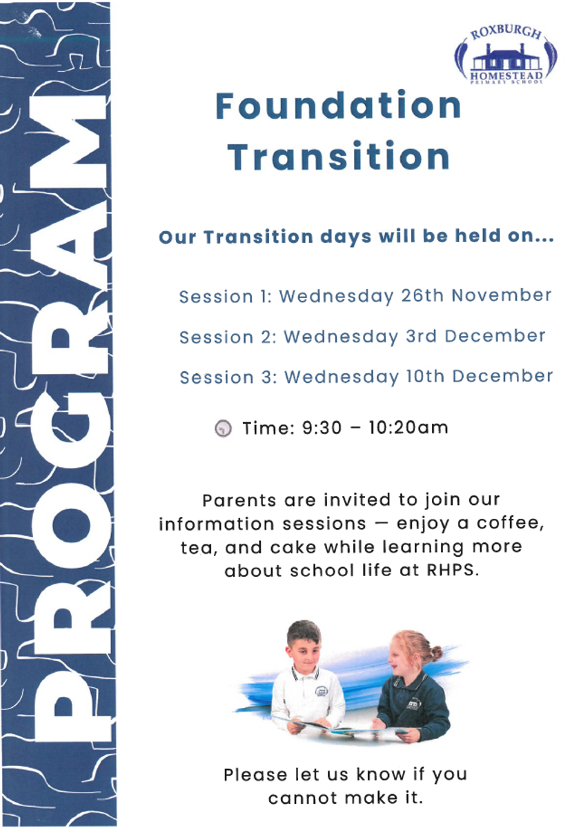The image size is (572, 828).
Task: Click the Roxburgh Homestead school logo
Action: pyautogui.click(x=506, y=56)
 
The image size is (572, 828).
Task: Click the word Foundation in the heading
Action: pyautogui.click(x=338, y=106)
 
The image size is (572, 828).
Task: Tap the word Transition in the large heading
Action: pyautogui.click(x=338, y=157)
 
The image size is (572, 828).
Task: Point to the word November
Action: pyautogui.click(x=502, y=296)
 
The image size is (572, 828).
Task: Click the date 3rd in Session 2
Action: pyautogui.click(x=421, y=337)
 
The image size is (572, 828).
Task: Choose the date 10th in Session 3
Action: pyautogui.click(x=425, y=377)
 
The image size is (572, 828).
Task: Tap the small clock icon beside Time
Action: pyautogui.click(x=224, y=428)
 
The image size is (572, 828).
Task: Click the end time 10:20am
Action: pyautogui.click(x=408, y=428)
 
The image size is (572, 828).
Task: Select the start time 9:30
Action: pyautogui.click(x=322, y=428)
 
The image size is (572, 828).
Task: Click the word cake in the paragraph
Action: pyautogui.click(x=293, y=547)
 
